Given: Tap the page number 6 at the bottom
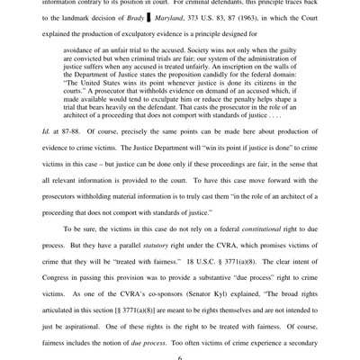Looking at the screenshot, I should coord(179,355).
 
